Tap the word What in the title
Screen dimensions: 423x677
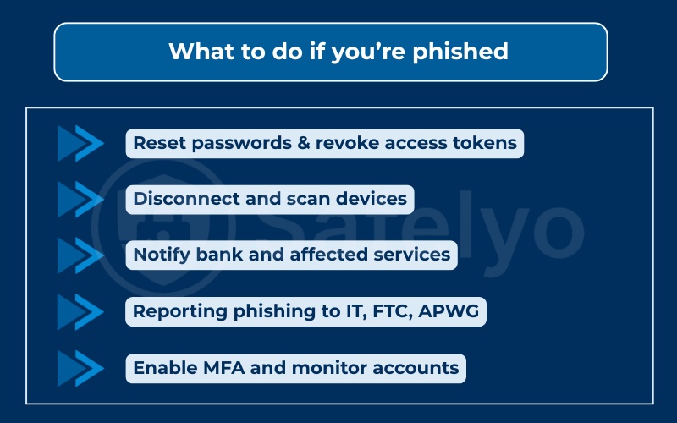[195, 52]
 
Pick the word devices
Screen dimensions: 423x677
[375, 200]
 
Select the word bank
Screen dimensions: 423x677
[222, 255]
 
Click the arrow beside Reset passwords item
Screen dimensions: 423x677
[80, 143]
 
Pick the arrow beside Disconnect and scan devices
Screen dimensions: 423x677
[80, 200]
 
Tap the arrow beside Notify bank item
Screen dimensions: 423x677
[80, 255]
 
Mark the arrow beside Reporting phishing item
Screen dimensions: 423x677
[80, 312]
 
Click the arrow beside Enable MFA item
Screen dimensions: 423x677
[80, 368]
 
